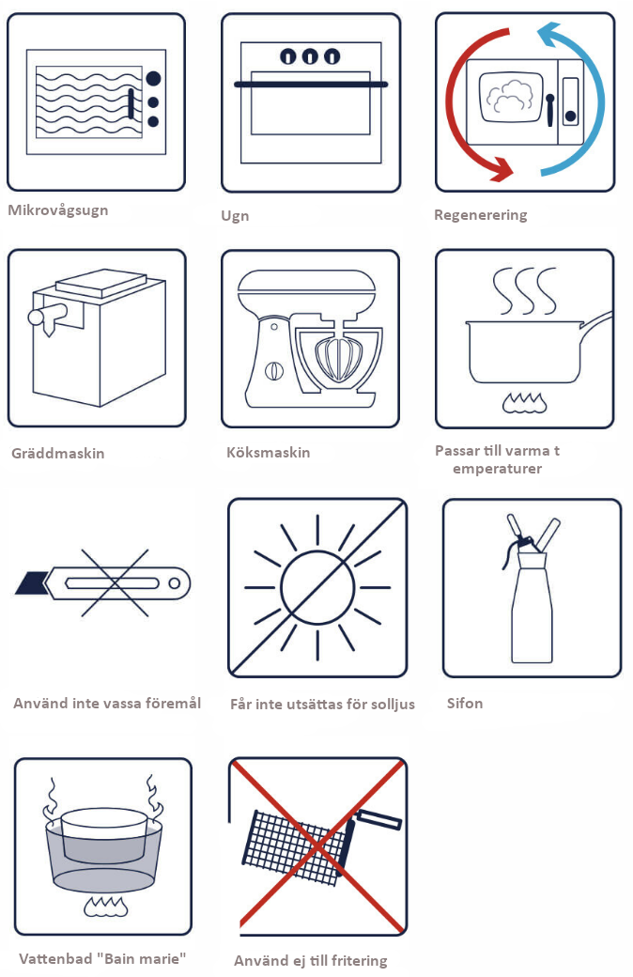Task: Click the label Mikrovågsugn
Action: point(58,210)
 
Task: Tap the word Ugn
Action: point(235,216)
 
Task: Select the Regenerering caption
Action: point(480,215)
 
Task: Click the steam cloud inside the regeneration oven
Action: point(510,97)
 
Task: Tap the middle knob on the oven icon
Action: point(310,56)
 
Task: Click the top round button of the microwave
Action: point(153,79)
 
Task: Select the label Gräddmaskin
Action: point(58,454)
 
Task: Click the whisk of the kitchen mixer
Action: point(339,358)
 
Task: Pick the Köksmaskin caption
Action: point(268,453)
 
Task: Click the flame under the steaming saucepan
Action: point(525,403)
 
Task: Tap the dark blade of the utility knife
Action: point(32,583)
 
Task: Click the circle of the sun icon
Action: point(317,587)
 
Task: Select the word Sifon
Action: point(465,704)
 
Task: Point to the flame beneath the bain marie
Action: point(106,907)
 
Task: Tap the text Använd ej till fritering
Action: point(311,961)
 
